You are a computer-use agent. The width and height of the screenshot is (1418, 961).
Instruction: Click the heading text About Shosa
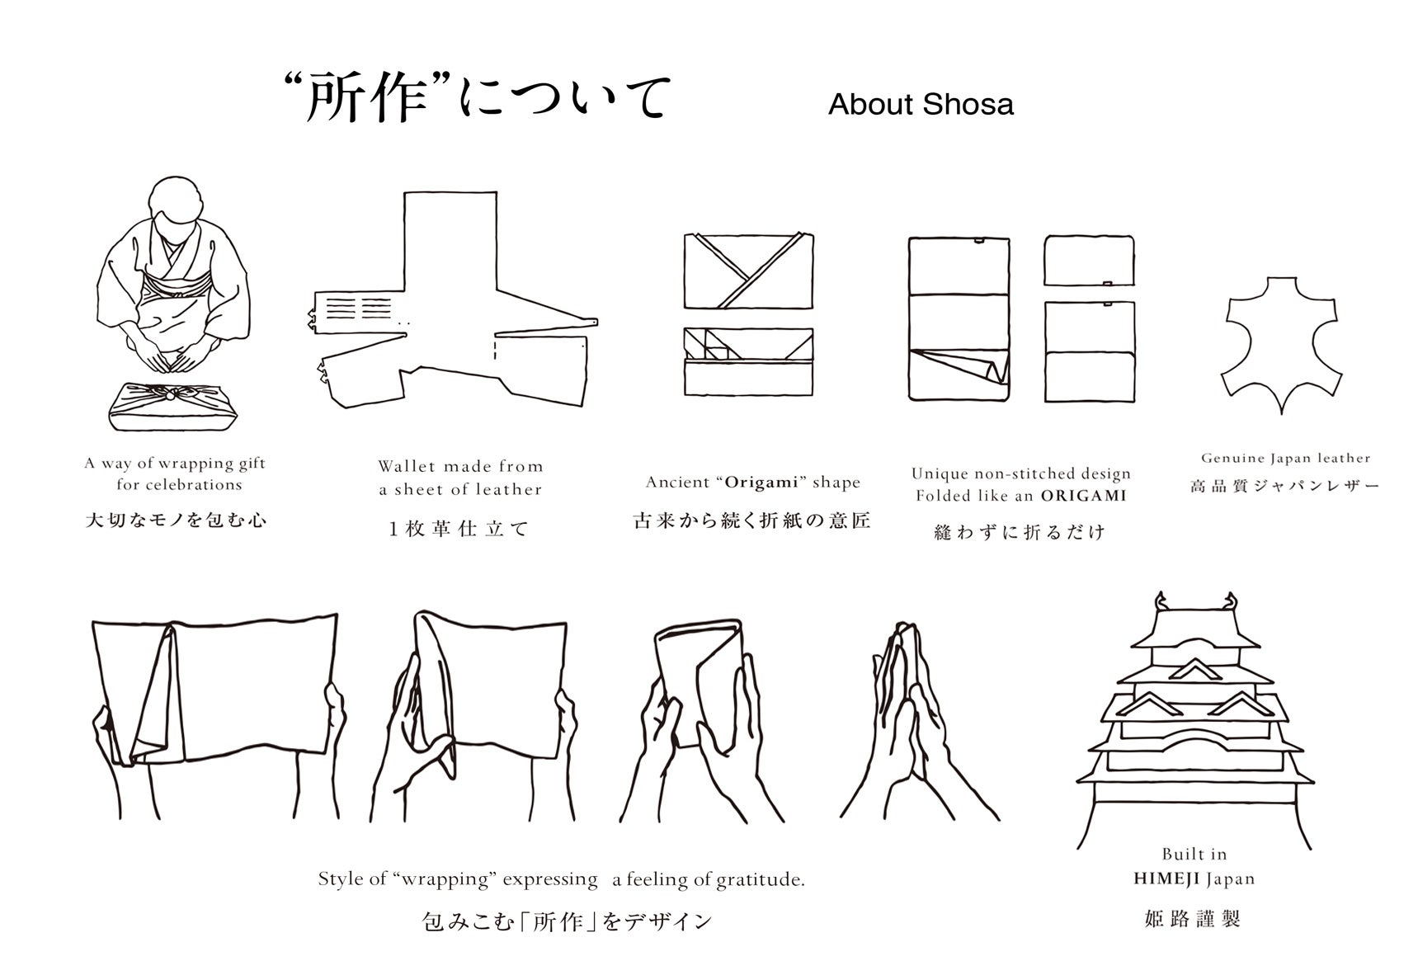(921, 105)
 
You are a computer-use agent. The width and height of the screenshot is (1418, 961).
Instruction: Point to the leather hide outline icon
(1281, 344)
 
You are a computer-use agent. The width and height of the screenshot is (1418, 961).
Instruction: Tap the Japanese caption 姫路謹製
(1193, 918)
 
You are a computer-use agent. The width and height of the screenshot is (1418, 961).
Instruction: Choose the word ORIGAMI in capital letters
(1083, 496)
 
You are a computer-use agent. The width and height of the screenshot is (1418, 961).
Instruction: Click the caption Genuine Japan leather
(1285, 459)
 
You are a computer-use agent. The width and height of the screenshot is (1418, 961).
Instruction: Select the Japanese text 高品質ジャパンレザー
(1284, 487)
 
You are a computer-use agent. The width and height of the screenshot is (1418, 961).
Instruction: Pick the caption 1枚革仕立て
(459, 529)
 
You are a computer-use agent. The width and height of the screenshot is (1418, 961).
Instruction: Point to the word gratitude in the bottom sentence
(761, 880)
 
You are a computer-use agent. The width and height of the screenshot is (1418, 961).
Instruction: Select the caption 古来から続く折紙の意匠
(751, 521)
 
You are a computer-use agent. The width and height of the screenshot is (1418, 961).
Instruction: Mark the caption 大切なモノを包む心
(176, 520)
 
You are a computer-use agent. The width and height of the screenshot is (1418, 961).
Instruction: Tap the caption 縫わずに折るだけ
(1019, 532)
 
